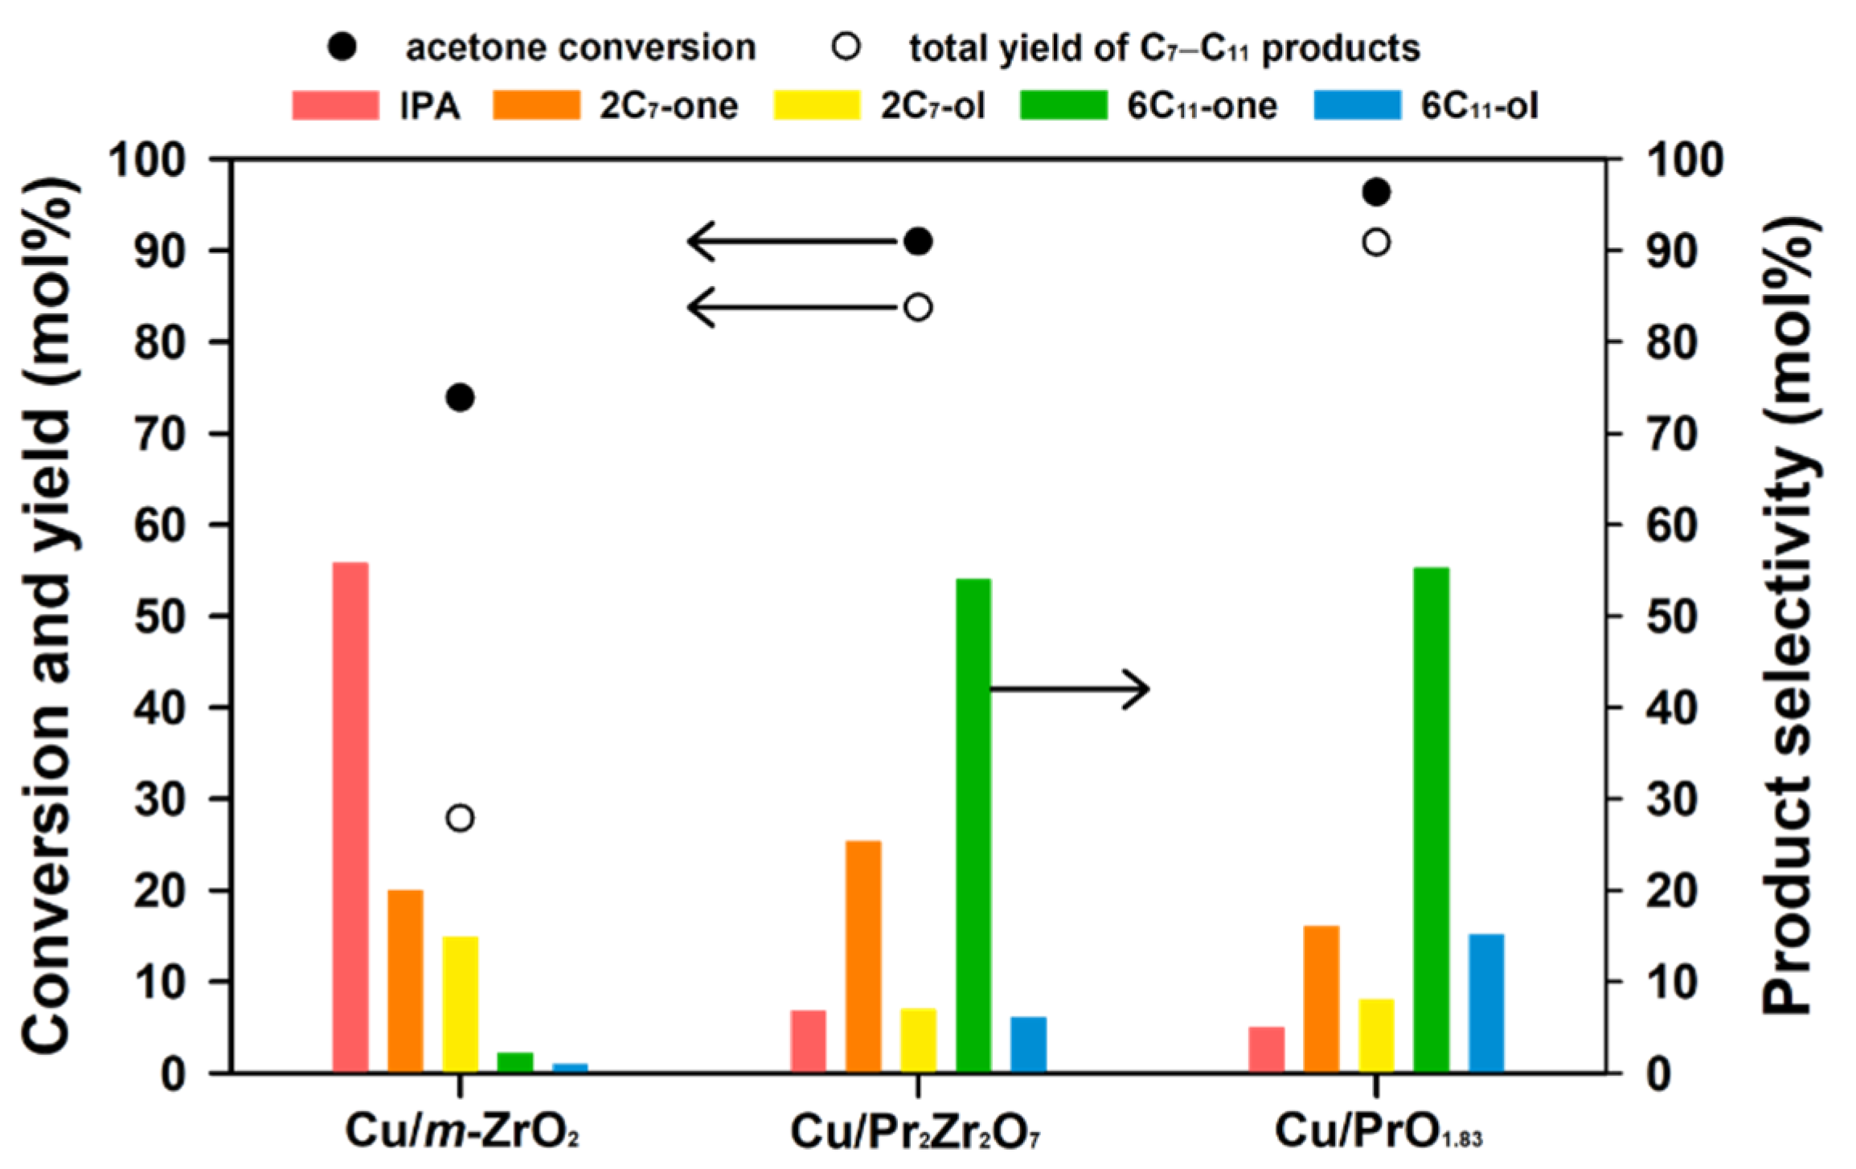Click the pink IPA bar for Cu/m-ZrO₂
point(350,816)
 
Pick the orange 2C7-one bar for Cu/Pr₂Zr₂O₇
point(863,955)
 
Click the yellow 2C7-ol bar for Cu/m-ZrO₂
point(461,1003)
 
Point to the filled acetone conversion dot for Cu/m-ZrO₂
point(461,398)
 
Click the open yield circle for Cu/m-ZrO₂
point(461,819)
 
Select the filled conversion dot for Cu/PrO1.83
point(1376,193)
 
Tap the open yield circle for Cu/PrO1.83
point(1376,242)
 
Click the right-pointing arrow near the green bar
point(1069,689)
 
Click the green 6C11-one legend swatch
point(1063,106)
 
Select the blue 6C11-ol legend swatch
point(1357,106)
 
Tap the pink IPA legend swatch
point(335,106)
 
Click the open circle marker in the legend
point(846,47)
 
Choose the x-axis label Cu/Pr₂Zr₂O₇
point(915,1132)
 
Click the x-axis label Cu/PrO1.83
point(1378,1132)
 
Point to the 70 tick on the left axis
point(162,434)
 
